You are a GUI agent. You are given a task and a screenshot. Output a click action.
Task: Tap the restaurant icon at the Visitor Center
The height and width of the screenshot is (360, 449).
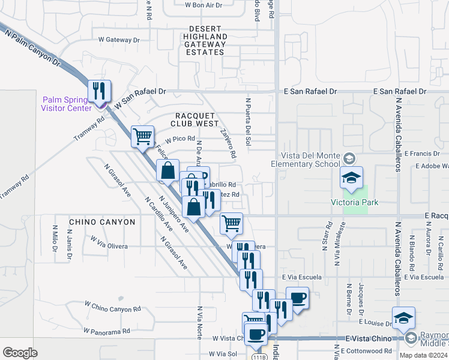point(98,91)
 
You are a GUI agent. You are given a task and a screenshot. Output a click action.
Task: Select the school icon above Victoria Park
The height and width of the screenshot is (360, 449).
point(351,178)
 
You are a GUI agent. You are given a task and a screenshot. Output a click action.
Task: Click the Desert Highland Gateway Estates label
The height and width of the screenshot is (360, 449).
point(205,41)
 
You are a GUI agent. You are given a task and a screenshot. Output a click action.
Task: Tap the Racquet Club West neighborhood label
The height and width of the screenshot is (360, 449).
point(197,119)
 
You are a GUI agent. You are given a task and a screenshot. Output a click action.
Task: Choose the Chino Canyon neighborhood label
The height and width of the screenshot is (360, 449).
point(102,222)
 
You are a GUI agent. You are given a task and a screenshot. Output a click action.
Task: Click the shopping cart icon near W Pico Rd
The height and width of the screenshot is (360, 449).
point(143,136)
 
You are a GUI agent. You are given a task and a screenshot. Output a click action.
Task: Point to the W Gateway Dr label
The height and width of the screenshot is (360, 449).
point(118,40)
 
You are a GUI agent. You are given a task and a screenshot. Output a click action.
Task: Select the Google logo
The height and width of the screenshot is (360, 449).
point(20,353)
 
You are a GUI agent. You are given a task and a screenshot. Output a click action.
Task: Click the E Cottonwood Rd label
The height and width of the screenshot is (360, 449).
point(366,350)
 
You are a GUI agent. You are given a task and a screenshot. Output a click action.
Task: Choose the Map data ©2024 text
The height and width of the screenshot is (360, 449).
point(423,355)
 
